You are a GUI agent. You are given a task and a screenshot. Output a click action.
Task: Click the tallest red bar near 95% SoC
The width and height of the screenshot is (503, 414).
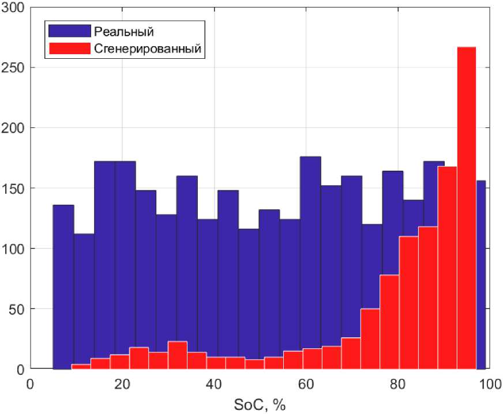pyautogui.click(x=467, y=208)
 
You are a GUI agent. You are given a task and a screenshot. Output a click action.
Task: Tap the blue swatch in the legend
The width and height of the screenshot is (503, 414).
pyautogui.click(x=70, y=31)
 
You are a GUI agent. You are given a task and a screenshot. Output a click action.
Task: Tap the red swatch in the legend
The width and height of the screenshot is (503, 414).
pyautogui.click(x=70, y=49)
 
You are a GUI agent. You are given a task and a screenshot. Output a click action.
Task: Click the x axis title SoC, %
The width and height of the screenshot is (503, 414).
pyautogui.click(x=260, y=405)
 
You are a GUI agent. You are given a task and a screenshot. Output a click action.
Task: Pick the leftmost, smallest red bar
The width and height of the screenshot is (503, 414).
pyautogui.click(x=81, y=367)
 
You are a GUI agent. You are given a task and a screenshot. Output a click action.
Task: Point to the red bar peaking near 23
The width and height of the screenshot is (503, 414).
pyautogui.click(x=178, y=355)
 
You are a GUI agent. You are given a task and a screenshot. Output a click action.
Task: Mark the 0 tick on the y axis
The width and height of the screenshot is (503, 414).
pyautogui.click(x=21, y=369)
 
